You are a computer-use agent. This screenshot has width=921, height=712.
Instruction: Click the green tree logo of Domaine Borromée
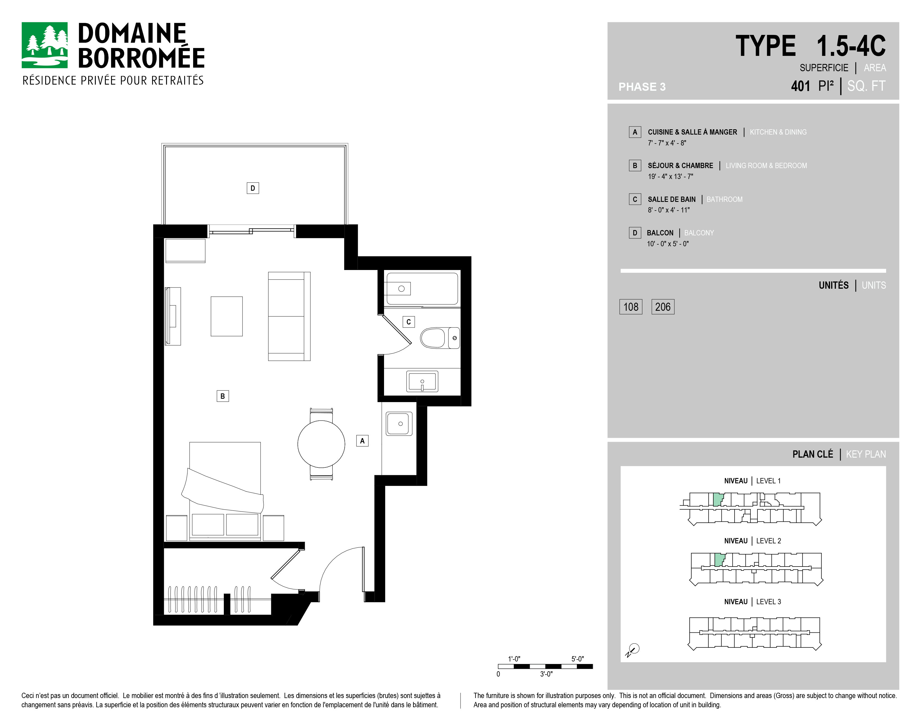(x=44, y=45)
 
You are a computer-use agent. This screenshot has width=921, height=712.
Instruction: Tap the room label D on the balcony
(x=253, y=188)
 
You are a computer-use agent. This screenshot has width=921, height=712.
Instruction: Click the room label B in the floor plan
(x=223, y=396)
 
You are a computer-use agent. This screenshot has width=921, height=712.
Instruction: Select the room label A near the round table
(x=362, y=441)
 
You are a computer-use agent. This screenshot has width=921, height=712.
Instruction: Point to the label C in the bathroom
(x=408, y=322)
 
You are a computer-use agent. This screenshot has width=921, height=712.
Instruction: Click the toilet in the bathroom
(x=440, y=338)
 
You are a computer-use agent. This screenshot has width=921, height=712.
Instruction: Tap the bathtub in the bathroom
(x=422, y=288)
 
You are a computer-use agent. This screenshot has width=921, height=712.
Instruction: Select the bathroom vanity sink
(x=422, y=381)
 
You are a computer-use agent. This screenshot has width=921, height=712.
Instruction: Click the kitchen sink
(x=399, y=424)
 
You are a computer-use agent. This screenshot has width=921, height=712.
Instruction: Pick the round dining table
(x=321, y=444)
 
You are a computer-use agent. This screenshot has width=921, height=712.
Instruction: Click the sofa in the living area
(x=289, y=316)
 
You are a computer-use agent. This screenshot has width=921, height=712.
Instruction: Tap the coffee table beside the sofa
(x=227, y=316)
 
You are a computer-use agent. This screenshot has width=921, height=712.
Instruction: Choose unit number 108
(x=631, y=307)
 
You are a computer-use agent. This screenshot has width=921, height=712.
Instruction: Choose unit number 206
(x=663, y=307)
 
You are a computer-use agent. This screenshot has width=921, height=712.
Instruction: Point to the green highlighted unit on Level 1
(x=718, y=500)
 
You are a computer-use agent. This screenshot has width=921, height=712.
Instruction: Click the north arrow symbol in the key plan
(x=632, y=650)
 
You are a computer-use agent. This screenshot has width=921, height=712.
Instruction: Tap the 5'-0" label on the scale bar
(x=578, y=659)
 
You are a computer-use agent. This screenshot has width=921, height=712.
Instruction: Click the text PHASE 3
(x=642, y=87)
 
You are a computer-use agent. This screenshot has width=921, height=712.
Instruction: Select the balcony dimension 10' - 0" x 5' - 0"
(x=668, y=244)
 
